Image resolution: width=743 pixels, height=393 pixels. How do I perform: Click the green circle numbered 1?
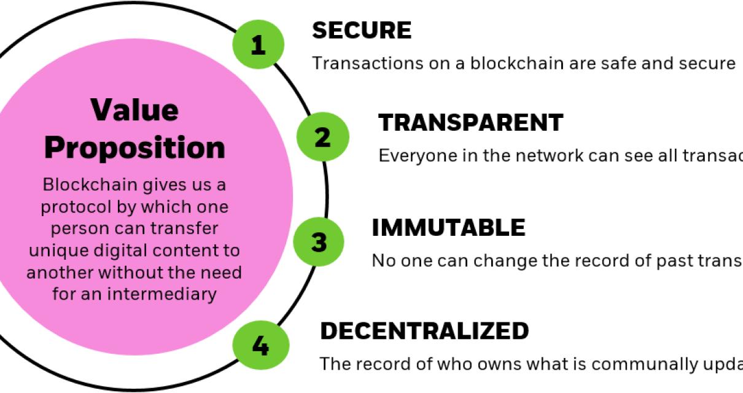coord(258,44)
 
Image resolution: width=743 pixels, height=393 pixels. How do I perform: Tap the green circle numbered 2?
coord(322,137)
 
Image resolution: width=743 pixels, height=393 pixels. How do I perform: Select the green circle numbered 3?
coord(319,242)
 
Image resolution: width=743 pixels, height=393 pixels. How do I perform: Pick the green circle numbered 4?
coord(260,346)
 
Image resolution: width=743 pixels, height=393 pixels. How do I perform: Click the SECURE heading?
coord(362,30)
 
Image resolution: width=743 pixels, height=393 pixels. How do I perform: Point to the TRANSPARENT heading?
coord(470,123)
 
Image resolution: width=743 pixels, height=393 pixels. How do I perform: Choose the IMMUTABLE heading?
coord(448,228)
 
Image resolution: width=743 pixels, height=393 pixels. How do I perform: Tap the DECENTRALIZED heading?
coord(424,331)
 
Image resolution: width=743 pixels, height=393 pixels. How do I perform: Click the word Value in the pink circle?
coord(134,109)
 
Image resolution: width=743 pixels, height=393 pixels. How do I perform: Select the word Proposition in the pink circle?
coord(134,147)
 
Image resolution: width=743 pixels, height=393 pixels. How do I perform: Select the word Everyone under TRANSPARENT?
coord(422,156)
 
